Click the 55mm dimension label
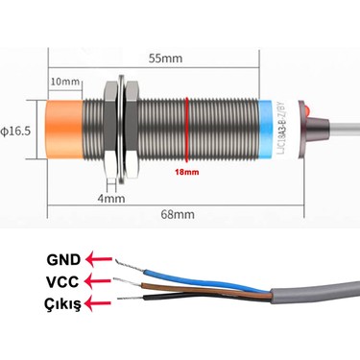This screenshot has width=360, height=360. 165,58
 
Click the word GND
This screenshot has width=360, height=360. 63,258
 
